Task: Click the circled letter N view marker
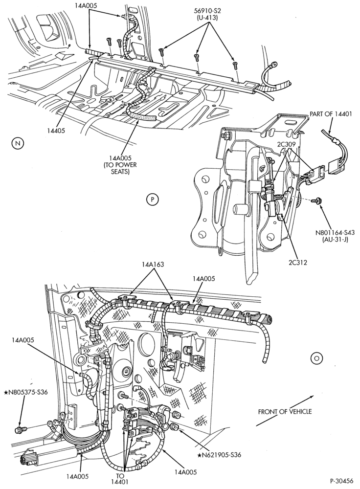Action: coord(18,143)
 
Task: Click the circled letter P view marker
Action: coord(153,199)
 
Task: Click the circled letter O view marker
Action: coord(316,358)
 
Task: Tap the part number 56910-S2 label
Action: coord(207,11)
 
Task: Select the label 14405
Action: coord(56,131)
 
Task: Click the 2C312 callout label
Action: coord(298,263)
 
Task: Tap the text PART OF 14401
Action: coord(330,114)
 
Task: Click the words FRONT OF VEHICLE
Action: coord(285,412)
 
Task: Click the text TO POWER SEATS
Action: coord(120,168)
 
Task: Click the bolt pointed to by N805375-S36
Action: coord(20,430)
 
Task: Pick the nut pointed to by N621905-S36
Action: coord(174,426)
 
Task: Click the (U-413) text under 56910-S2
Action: coord(207,18)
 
